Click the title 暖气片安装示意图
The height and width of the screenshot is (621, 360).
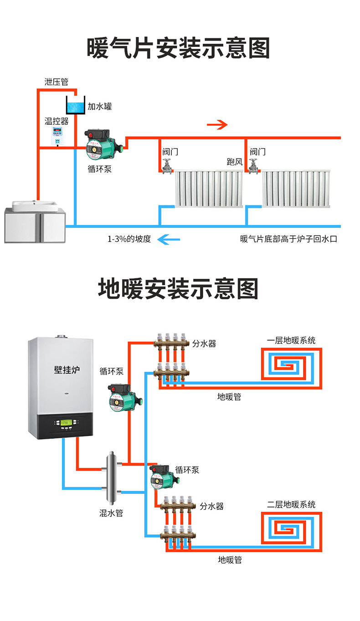(x=178, y=48)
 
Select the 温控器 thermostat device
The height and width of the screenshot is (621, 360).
(x=58, y=135)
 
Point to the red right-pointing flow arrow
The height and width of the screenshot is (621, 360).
(x=217, y=125)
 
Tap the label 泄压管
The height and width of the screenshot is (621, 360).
(x=56, y=82)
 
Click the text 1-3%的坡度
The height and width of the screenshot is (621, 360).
(x=129, y=239)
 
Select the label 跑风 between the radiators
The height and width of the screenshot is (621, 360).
(x=235, y=162)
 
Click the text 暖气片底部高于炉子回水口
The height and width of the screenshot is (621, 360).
(x=288, y=239)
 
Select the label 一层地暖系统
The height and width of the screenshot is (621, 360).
(x=291, y=340)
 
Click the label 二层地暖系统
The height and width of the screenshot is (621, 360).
(x=291, y=504)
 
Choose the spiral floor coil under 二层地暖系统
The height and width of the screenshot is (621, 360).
(x=291, y=528)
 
